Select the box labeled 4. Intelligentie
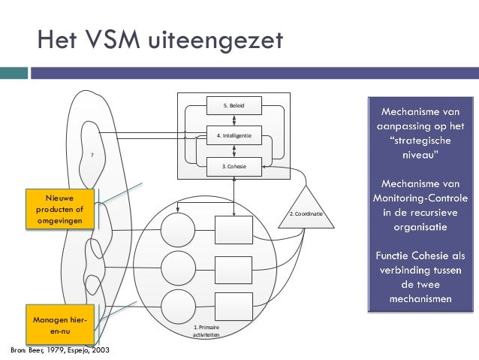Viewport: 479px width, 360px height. pyautogui.click(x=233, y=136)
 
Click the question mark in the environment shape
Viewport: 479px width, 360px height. pyautogui.click(x=92, y=155)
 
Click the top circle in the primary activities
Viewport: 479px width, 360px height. pyautogui.click(x=178, y=228)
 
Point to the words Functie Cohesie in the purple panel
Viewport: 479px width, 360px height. pyautogui.click(x=411, y=256)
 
